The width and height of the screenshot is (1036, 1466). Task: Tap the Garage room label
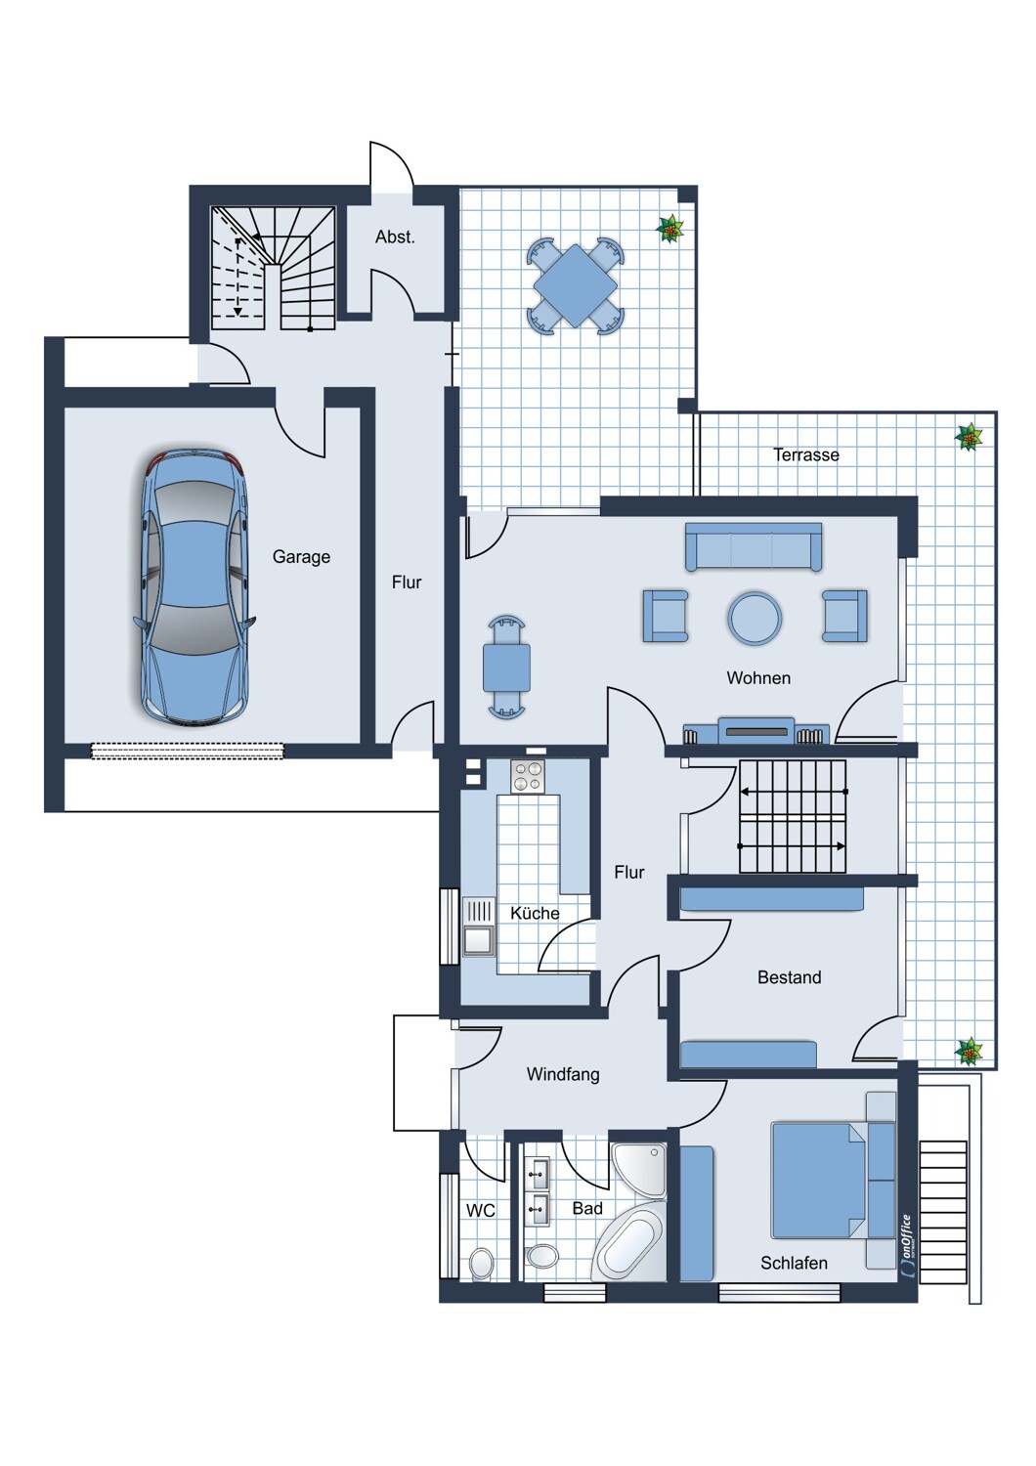[x=301, y=557]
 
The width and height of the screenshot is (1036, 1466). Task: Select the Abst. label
[x=395, y=237]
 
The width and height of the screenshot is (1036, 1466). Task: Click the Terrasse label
[x=805, y=454]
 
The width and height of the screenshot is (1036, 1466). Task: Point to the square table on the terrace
[x=576, y=285]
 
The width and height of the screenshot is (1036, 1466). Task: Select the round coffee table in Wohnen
[x=755, y=618]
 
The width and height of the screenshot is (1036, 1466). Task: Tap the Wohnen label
[x=758, y=678]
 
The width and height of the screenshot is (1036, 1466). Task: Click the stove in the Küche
[x=528, y=777]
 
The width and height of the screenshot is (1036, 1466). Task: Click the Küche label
[x=535, y=913]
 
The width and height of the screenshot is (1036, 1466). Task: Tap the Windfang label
[x=563, y=1074]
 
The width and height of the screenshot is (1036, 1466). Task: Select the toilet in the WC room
[x=481, y=1263]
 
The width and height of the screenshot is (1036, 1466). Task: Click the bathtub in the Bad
[x=629, y=1244]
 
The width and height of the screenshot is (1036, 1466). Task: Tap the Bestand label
[x=789, y=977]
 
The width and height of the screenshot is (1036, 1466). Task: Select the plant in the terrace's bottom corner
[x=969, y=1052]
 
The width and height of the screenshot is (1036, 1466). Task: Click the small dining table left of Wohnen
[x=506, y=668]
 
